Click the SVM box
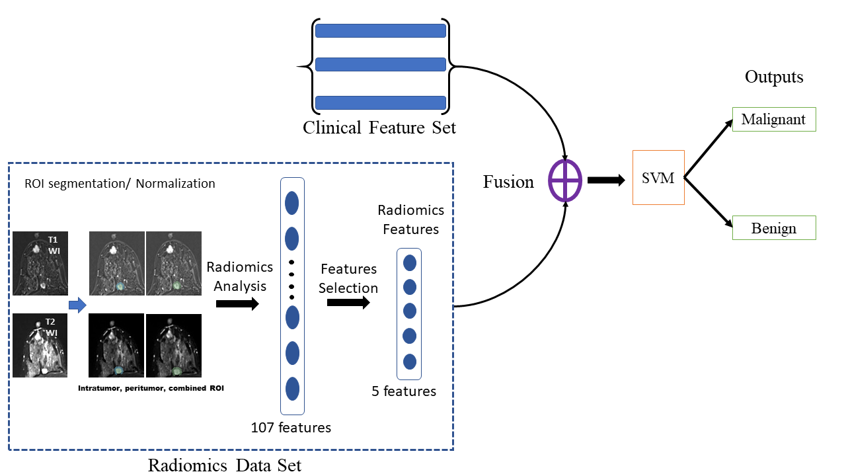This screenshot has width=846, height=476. pyautogui.click(x=658, y=177)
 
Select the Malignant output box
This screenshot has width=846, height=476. pyautogui.click(x=774, y=120)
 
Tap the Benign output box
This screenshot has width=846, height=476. pyautogui.click(x=774, y=228)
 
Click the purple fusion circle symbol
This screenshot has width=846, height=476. pyautogui.click(x=565, y=180)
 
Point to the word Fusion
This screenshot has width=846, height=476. pyautogui.click(x=508, y=182)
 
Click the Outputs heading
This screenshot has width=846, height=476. pyautogui.click(x=774, y=77)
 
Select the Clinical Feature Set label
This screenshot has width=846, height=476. pyautogui.click(x=379, y=127)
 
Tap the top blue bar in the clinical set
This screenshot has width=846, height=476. pyautogui.click(x=380, y=31)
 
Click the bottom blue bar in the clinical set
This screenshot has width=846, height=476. pyautogui.click(x=380, y=102)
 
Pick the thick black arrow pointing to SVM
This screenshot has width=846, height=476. pyautogui.click(x=605, y=180)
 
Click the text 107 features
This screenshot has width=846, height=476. pyautogui.click(x=291, y=427)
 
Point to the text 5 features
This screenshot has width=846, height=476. pyautogui.click(x=404, y=391)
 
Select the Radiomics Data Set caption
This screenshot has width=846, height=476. pyautogui.click(x=225, y=465)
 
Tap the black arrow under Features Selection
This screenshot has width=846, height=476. pyautogui.click(x=348, y=303)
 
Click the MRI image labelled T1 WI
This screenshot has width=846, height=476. pyautogui.click(x=40, y=263)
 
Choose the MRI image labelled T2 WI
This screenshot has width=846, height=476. pyautogui.click(x=40, y=345)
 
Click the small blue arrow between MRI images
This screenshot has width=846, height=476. pyautogui.click(x=78, y=305)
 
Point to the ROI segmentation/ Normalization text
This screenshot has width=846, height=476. pyautogui.click(x=120, y=183)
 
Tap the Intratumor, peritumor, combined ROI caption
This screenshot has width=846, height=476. pyautogui.click(x=151, y=388)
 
